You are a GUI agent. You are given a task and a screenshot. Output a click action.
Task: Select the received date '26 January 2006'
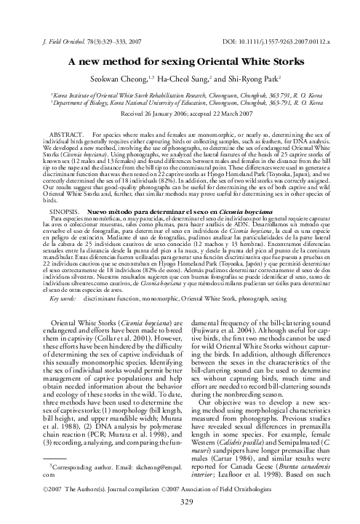click(x=161, y=115)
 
